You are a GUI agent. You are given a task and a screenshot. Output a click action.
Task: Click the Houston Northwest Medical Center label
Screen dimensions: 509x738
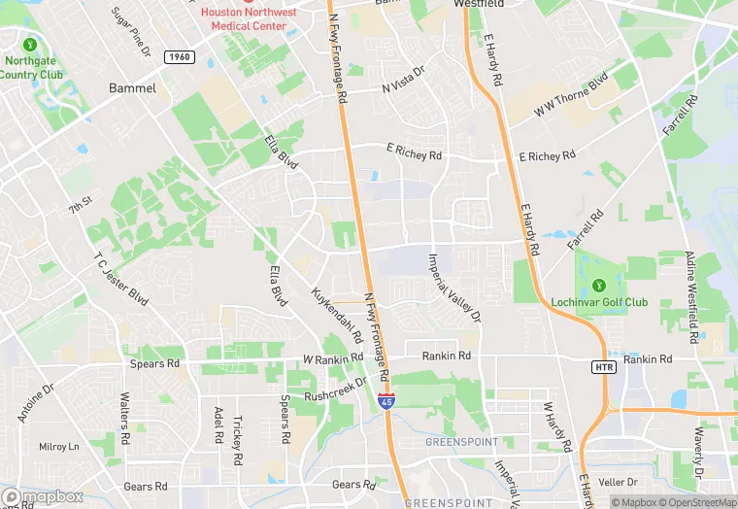point(251,18)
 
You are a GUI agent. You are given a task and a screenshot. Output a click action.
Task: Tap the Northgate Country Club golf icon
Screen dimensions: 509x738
point(30,45)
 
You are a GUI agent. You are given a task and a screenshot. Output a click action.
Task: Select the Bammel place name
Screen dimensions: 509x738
point(133,87)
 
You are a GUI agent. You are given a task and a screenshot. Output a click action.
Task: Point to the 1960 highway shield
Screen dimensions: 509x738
point(177,58)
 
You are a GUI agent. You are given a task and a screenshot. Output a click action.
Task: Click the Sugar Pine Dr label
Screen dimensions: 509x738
point(132,30)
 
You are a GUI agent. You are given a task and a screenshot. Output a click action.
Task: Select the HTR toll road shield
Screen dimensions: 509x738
point(603,366)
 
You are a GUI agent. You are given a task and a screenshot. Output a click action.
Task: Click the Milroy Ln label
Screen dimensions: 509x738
point(58,447)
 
